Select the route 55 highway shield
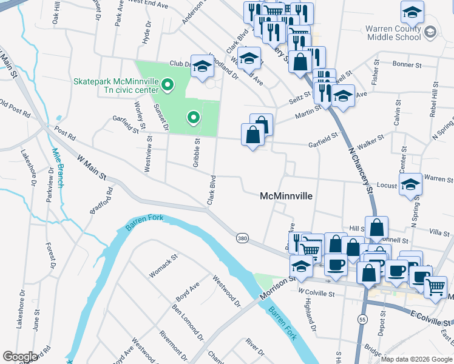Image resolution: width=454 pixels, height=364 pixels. click(x=363, y=319)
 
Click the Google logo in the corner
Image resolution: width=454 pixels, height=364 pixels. click(x=21, y=357)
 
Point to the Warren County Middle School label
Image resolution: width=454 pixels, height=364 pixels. click(x=393, y=33)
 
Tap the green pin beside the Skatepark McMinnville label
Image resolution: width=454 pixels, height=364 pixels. click(x=167, y=86)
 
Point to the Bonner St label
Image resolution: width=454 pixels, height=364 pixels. click(x=407, y=64)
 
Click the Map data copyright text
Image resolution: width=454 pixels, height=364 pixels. click(x=416, y=359)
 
